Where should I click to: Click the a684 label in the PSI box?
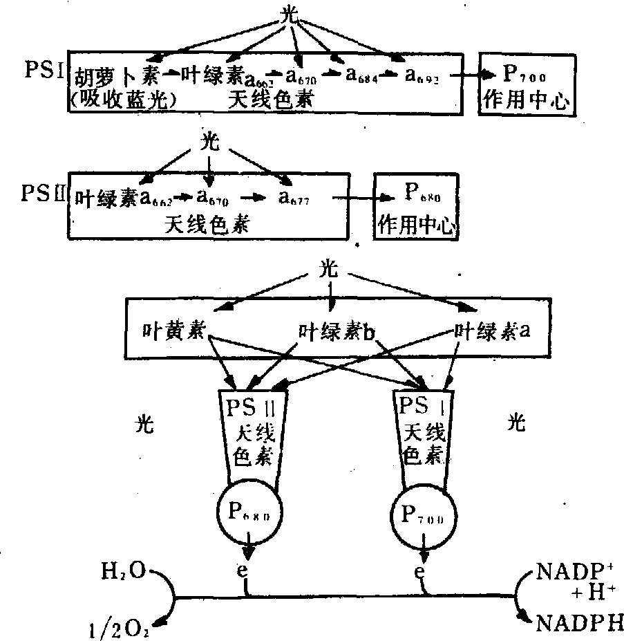(x=360, y=74)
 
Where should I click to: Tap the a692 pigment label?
(x=422, y=74)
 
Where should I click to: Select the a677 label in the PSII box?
(x=294, y=199)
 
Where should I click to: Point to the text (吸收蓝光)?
(x=124, y=100)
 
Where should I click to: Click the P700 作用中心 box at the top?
(x=526, y=85)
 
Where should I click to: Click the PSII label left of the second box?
(x=42, y=192)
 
